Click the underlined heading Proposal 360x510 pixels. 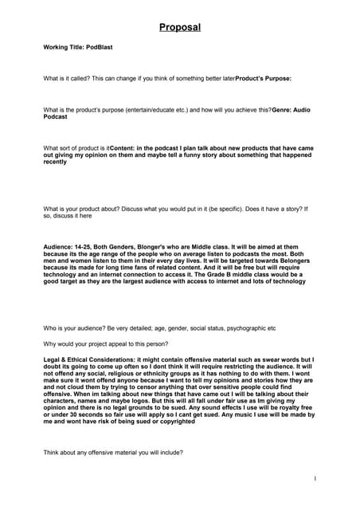pos(179,28)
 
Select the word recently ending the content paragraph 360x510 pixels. pos(55,162)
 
